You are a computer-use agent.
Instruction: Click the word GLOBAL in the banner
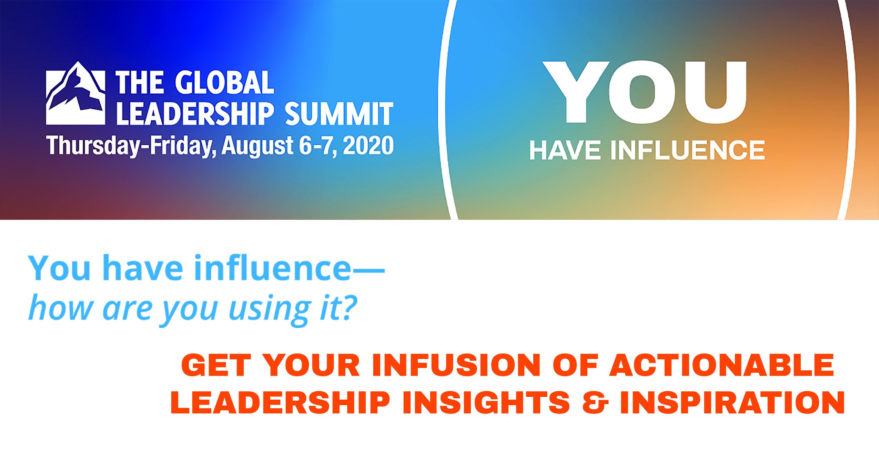[x=224, y=82]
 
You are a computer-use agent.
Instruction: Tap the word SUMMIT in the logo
[x=339, y=113]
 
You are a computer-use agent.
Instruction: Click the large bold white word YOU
[x=644, y=92]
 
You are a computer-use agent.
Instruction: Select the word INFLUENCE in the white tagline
[x=688, y=150]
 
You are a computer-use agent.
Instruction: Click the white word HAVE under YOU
[x=565, y=150]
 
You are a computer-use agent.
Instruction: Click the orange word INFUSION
[x=456, y=365]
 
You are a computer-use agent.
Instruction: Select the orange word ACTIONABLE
[x=722, y=365]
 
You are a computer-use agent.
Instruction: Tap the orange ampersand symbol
[x=595, y=402]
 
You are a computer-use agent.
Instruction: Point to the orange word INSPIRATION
[x=732, y=402]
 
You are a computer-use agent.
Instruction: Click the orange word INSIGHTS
[x=486, y=402]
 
